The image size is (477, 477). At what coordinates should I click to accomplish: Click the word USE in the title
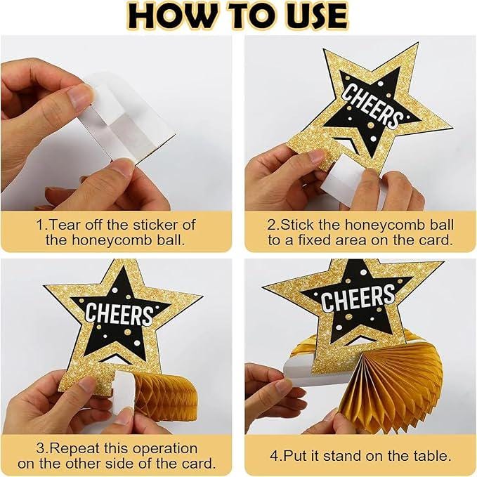click(x=311, y=16)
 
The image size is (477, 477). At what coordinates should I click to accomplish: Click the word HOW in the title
click(x=173, y=16)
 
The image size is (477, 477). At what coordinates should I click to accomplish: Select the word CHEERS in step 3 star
click(x=119, y=313)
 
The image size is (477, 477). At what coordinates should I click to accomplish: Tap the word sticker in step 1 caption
click(x=156, y=225)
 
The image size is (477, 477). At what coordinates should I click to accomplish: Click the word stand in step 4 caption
click(x=343, y=456)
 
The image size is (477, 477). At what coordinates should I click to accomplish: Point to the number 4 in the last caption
click(x=274, y=456)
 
